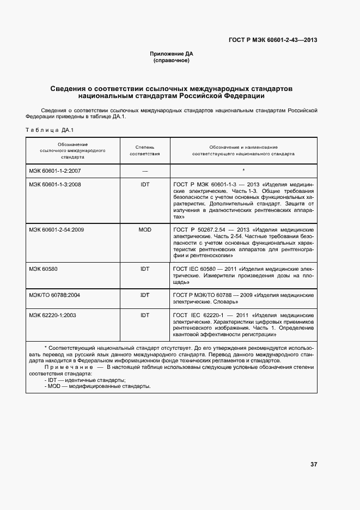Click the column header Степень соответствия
pos(144,150)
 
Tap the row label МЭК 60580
pos(44,269)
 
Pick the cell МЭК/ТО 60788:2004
pos(54,295)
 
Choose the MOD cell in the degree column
pos(145,229)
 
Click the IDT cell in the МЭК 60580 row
pos(145,269)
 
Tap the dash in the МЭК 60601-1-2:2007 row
pos(145,171)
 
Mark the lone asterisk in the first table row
pos(243,171)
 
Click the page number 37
pos(314,464)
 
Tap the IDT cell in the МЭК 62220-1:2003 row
pos(145,315)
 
